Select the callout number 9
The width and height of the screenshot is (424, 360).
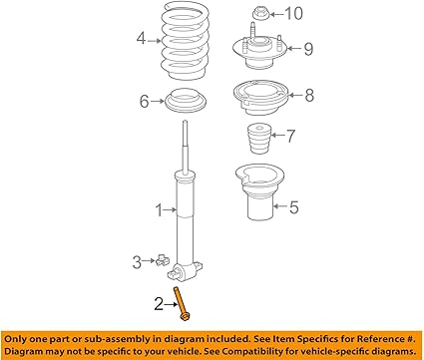(309, 47)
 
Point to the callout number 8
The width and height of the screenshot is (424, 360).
(309, 96)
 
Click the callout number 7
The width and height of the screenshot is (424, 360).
(290, 135)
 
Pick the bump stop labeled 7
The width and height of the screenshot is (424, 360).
(257, 138)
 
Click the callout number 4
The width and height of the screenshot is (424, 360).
(142, 41)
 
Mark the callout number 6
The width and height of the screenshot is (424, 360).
(144, 101)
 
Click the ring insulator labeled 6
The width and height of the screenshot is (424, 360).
(186, 102)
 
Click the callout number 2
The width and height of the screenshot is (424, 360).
(158, 302)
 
